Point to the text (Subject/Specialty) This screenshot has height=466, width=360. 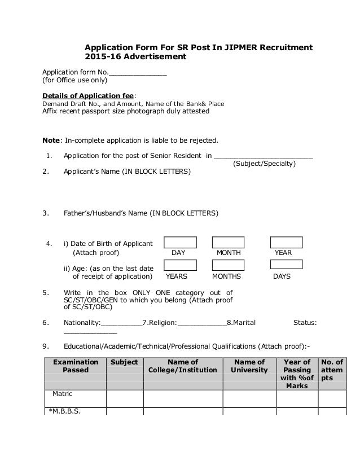[264, 164]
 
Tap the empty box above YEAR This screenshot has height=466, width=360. [286, 243]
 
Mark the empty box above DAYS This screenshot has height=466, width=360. [286, 265]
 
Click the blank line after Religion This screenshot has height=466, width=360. [202, 323]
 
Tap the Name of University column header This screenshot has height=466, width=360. [249, 366]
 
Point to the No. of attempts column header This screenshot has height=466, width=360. [331, 370]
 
